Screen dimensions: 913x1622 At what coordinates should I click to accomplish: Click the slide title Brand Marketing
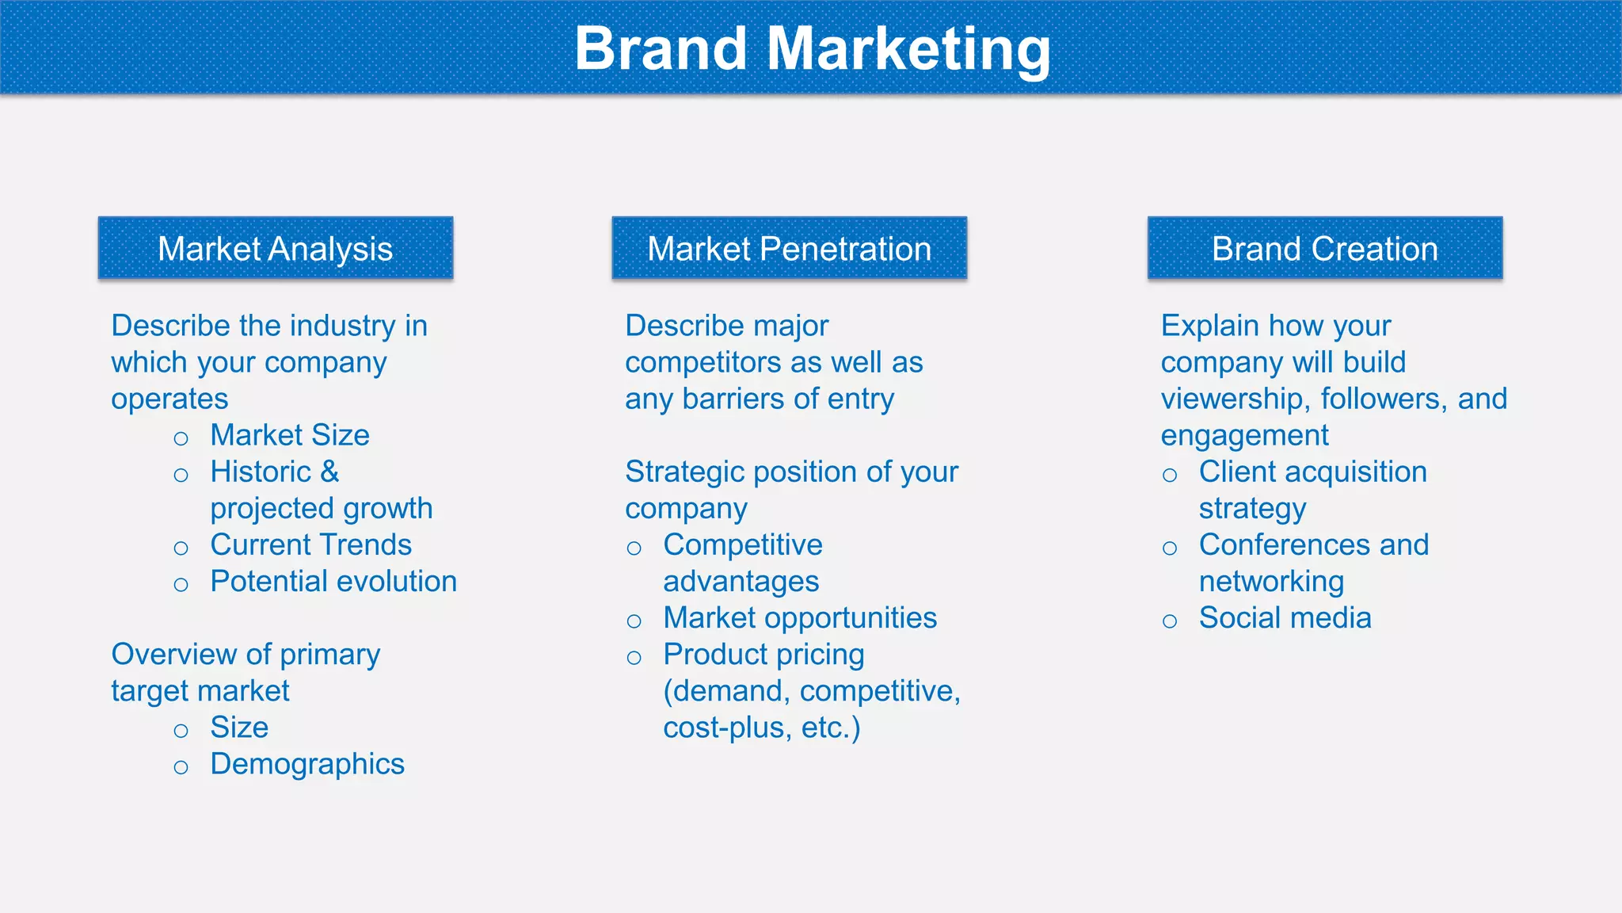click(812, 49)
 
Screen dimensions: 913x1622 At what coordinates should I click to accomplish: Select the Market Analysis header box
click(276, 249)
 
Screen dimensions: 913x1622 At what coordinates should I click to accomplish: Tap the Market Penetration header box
click(789, 249)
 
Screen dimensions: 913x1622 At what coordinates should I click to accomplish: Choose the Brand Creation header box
click(1324, 249)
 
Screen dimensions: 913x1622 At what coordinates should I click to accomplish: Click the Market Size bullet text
click(290, 435)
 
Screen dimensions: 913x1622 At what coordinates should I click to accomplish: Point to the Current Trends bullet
click(310, 545)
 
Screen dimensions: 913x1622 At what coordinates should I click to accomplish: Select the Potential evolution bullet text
click(333, 582)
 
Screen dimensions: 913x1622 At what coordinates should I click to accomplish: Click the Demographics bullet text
click(307, 764)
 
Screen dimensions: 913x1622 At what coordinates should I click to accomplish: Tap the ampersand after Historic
click(329, 472)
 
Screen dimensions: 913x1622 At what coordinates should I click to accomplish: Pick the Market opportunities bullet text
click(800, 618)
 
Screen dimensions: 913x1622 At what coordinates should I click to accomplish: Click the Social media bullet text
click(1285, 618)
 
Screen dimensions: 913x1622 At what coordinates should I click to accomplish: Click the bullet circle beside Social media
click(1170, 621)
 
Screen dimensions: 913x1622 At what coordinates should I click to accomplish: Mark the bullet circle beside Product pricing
click(634, 657)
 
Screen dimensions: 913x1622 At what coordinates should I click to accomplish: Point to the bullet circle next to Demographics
click(181, 766)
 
